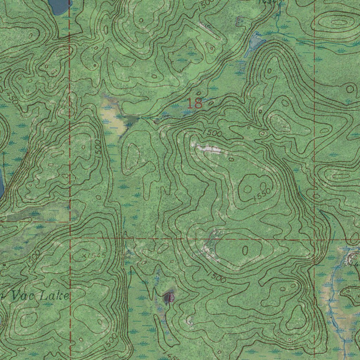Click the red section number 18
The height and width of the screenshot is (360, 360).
(194, 103)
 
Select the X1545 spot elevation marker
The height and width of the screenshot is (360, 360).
(92, 256)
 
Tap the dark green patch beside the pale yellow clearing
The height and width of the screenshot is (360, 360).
(130, 121)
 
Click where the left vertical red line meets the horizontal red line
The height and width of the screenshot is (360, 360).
(70, 238)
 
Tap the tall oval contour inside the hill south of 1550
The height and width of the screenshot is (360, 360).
(245, 250)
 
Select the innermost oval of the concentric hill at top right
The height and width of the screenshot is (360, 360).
(339, 23)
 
